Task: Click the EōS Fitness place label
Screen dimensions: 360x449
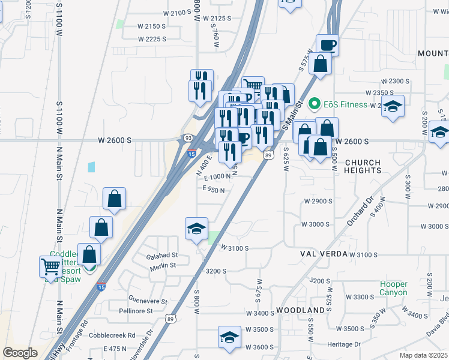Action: [x=345, y=104]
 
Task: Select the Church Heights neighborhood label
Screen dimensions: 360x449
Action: [x=363, y=166]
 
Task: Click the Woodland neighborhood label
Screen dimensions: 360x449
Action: [x=301, y=310]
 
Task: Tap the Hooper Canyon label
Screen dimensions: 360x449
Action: [x=394, y=288]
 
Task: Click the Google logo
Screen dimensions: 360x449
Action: [x=20, y=353]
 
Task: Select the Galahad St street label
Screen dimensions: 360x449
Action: [x=162, y=256]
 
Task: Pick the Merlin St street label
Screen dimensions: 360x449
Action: [x=164, y=265]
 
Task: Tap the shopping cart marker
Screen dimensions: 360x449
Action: [x=50, y=266]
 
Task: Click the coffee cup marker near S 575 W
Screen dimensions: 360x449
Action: [x=328, y=45]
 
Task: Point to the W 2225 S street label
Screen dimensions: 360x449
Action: [x=151, y=39]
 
